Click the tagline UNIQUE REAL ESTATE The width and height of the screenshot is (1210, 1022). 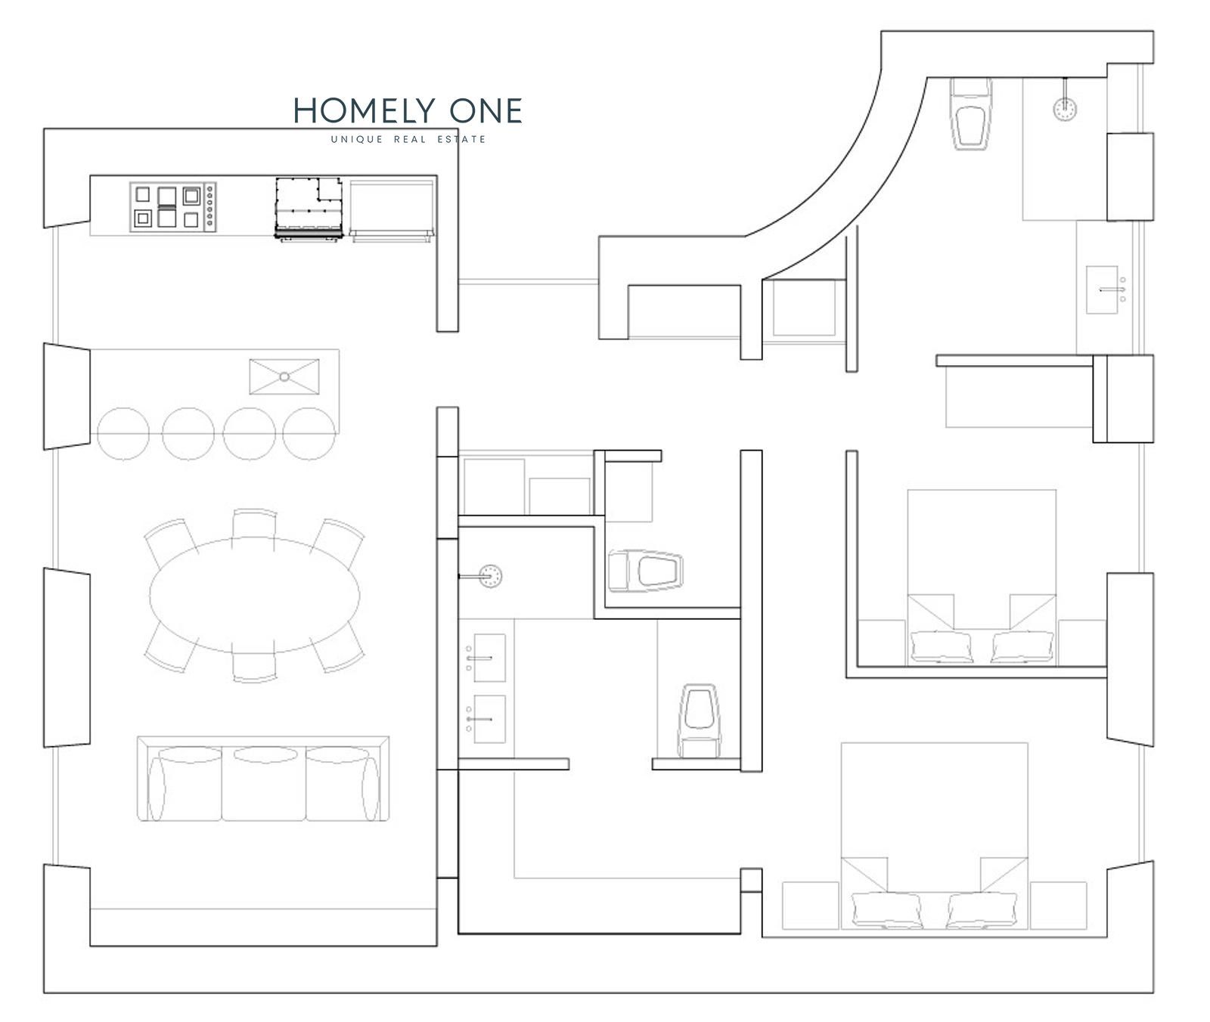pos(408,139)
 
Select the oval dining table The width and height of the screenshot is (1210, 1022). pos(255,594)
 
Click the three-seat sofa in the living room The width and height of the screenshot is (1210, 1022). pos(263,779)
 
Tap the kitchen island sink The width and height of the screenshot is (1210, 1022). pos(284,376)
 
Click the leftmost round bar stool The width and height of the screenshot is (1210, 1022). pos(123,434)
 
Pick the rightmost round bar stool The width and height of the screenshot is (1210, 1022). pos(309,434)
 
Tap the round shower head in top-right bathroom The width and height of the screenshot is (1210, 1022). pos(1066,108)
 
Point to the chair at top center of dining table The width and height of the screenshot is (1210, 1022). pos(255,524)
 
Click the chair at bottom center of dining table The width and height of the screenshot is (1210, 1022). pos(255,666)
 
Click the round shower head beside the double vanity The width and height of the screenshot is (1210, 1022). pos(491,576)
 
